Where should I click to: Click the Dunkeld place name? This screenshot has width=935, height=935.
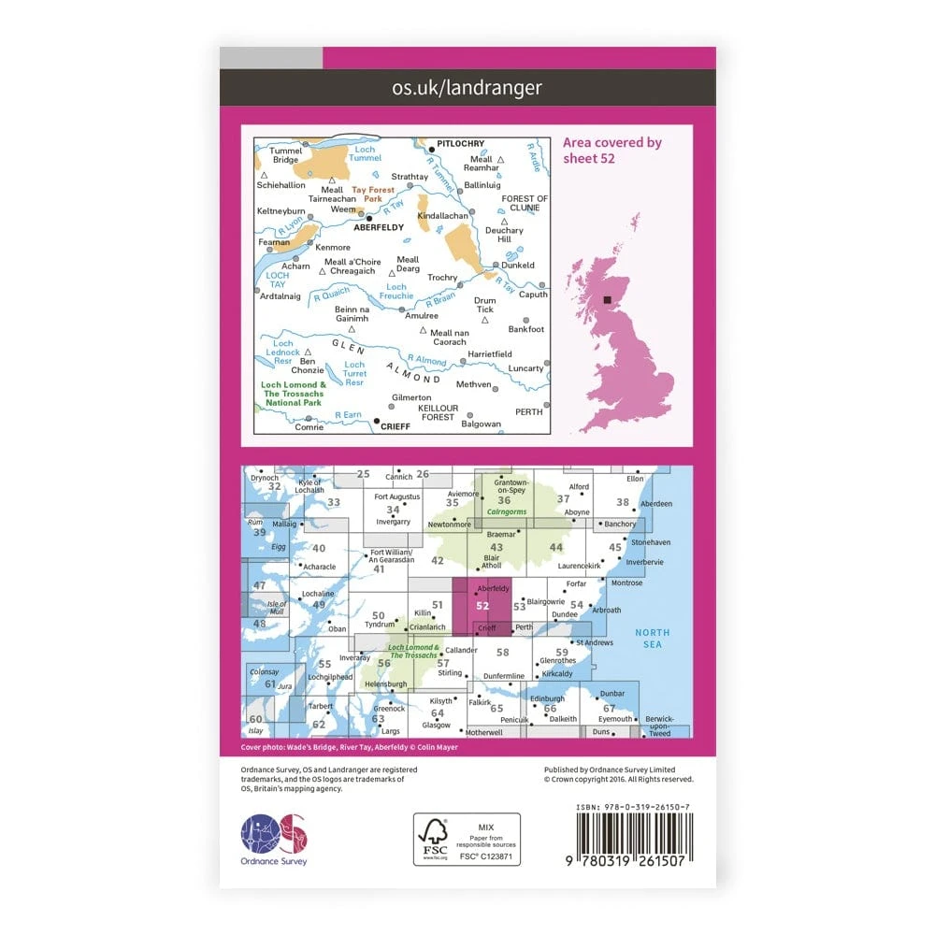[518, 265]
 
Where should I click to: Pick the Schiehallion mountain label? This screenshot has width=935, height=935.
[281, 186]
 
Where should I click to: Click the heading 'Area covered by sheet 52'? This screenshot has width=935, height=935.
[611, 151]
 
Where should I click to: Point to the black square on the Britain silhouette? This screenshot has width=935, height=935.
[610, 300]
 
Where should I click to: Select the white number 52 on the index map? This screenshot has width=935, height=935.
[482, 605]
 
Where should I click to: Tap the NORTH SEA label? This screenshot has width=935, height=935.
[653, 639]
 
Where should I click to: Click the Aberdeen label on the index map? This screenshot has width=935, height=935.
[657, 503]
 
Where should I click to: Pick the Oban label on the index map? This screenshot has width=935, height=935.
[338, 628]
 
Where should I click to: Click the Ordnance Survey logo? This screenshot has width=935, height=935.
[274, 834]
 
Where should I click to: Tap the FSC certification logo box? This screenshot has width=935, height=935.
[467, 839]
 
